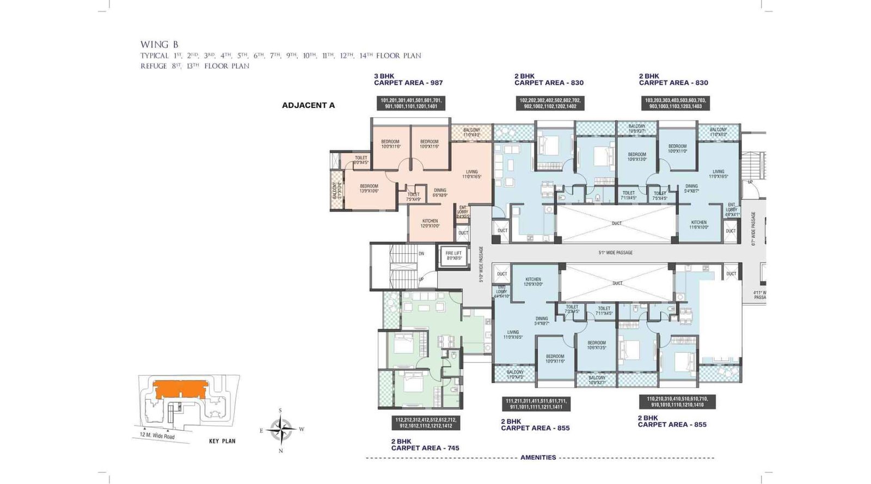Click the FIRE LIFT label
pos(453,255)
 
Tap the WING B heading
pos(159,45)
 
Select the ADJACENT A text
pos(308,105)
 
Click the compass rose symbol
pos(281,429)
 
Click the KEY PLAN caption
pos(222,441)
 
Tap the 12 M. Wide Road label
pos(157,436)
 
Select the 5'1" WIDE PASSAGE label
pos(615,253)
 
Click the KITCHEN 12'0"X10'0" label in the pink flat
pos(430,223)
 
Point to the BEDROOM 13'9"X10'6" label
pos(369,188)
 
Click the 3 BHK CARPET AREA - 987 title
pos(408,79)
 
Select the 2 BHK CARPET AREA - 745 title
pos(425,445)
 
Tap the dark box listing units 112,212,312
pos(425,422)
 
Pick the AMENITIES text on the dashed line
pos(538,457)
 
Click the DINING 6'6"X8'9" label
pos(439,192)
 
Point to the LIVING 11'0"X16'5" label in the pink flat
pos(471,174)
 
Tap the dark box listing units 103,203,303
pos(675,103)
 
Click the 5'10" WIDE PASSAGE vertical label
pos(481,264)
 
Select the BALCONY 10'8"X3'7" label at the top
pos(636,128)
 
